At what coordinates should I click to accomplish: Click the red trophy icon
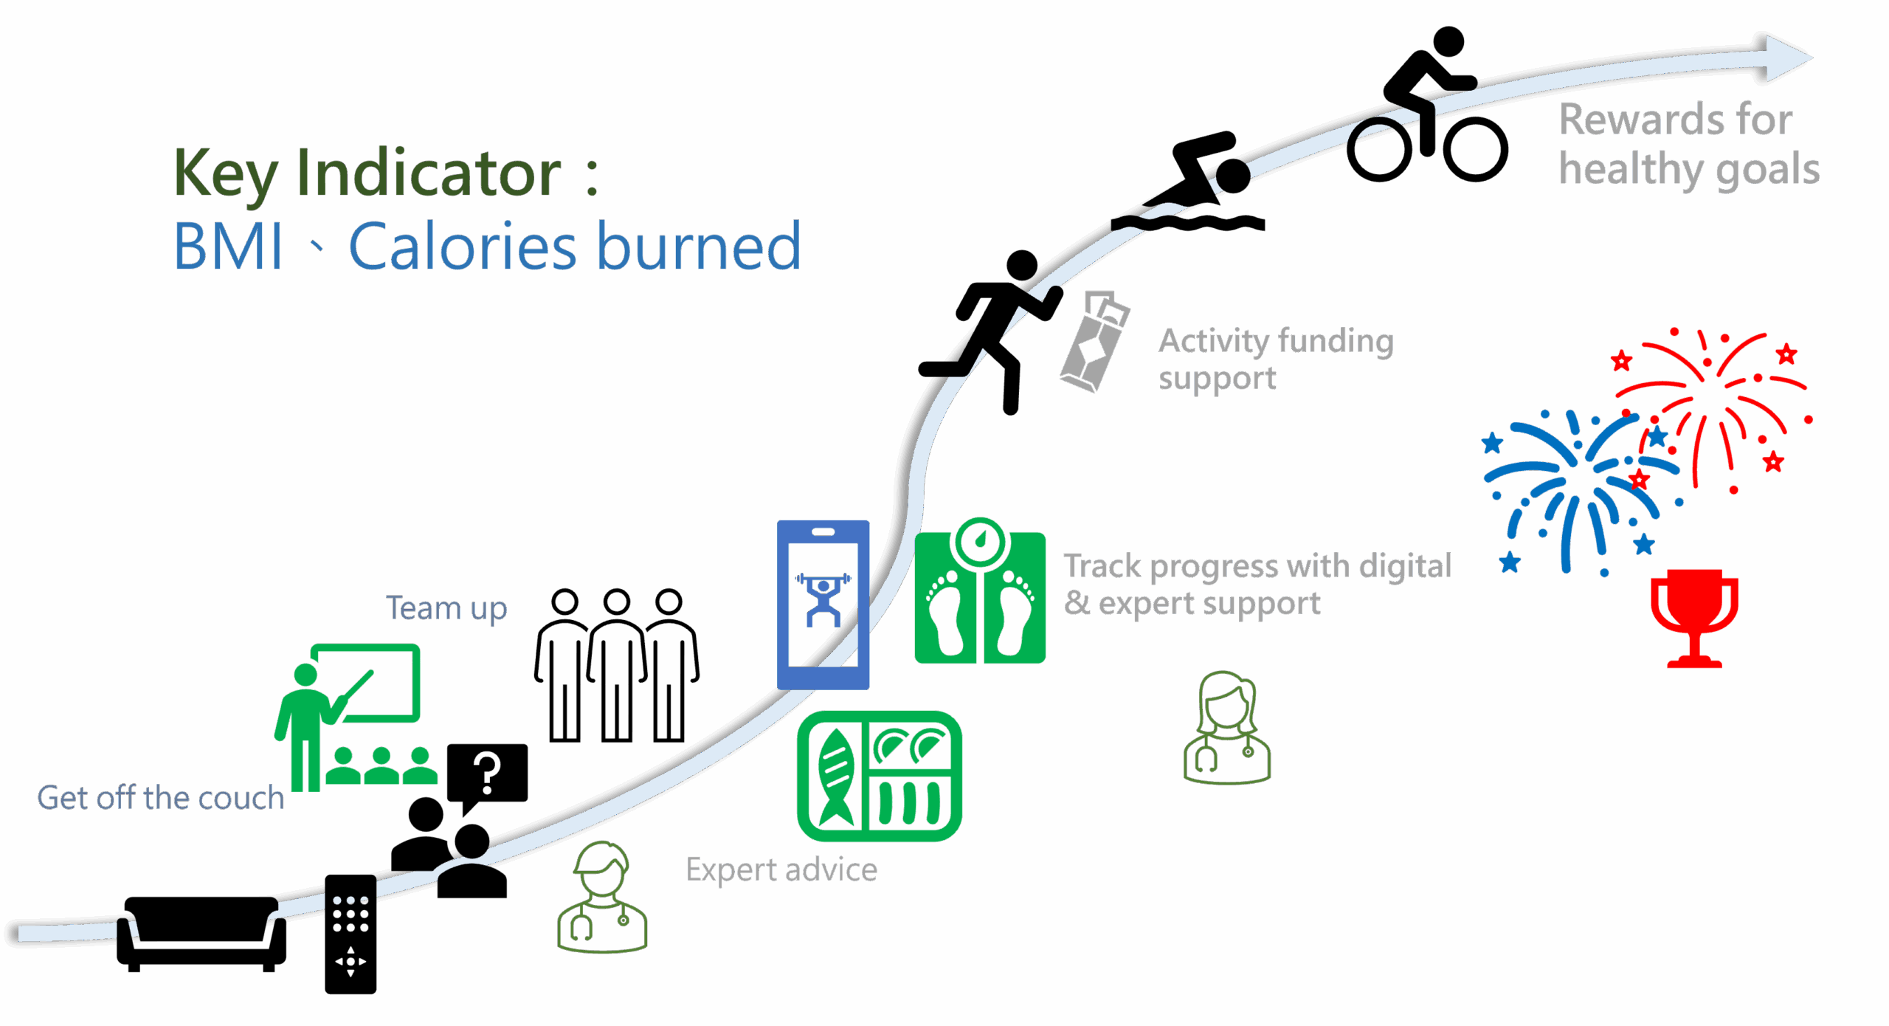click(x=1694, y=617)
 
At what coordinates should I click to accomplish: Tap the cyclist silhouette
click(x=1426, y=111)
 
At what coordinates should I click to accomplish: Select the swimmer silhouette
click(x=1195, y=185)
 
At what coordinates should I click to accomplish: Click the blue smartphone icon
click(x=823, y=604)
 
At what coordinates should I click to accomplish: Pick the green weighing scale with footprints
click(x=980, y=594)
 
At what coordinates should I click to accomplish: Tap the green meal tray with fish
click(x=880, y=776)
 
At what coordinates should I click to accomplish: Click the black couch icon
click(x=201, y=932)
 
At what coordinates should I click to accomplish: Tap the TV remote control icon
click(x=350, y=934)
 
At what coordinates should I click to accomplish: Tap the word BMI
click(x=228, y=247)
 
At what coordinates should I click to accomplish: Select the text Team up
click(x=446, y=609)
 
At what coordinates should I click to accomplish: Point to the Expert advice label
click(x=781, y=870)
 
